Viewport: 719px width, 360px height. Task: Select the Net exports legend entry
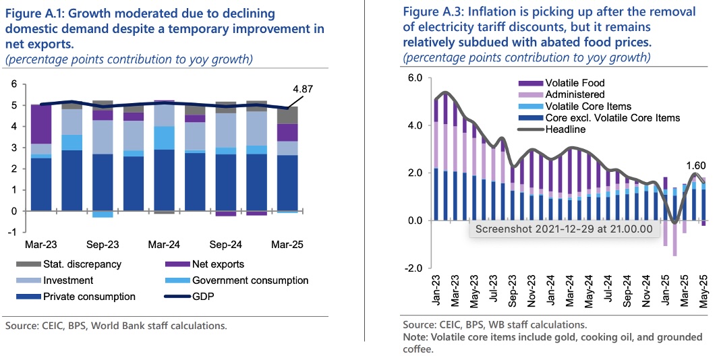click(x=219, y=264)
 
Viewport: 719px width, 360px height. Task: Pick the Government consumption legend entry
click(x=250, y=280)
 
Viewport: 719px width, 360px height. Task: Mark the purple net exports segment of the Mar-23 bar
click(x=42, y=124)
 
